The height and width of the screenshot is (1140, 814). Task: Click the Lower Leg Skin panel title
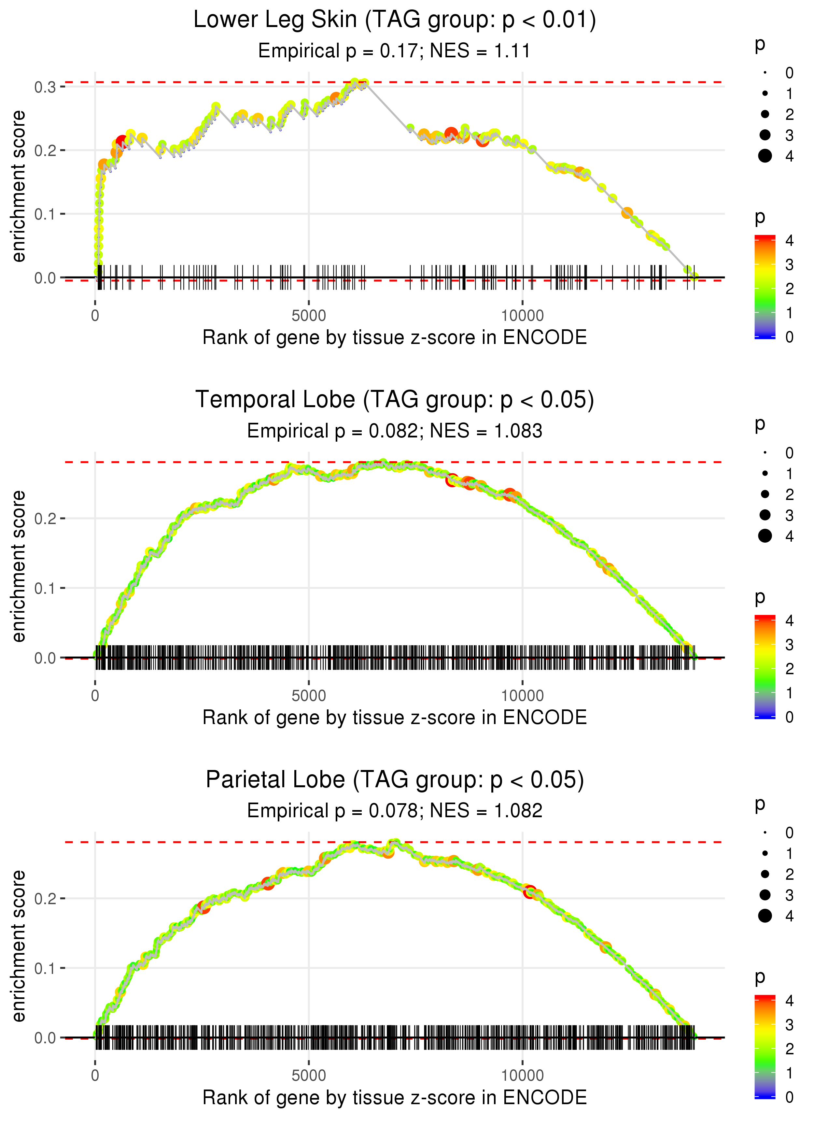click(x=395, y=20)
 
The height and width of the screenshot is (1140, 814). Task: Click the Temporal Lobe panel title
click(x=395, y=400)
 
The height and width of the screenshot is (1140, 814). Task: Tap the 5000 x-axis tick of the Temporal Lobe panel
click(x=308, y=696)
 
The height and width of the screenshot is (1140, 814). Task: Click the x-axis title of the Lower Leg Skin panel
click(x=395, y=337)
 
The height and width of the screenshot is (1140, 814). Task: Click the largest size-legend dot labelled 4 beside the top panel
click(x=765, y=156)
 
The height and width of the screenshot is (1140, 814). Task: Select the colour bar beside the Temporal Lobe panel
click(x=765, y=667)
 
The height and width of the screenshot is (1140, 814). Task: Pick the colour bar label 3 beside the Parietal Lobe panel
click(x=790, y=1025)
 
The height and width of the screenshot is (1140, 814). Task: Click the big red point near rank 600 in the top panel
click(x=122, y=142)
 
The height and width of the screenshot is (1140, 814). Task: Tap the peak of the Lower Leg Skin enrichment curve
click(x=355, y=82)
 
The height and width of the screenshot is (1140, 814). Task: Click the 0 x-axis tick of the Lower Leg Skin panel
click(x=95, y=316)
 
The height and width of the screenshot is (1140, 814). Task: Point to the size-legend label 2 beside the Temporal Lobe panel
click(x=790, y=494)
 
